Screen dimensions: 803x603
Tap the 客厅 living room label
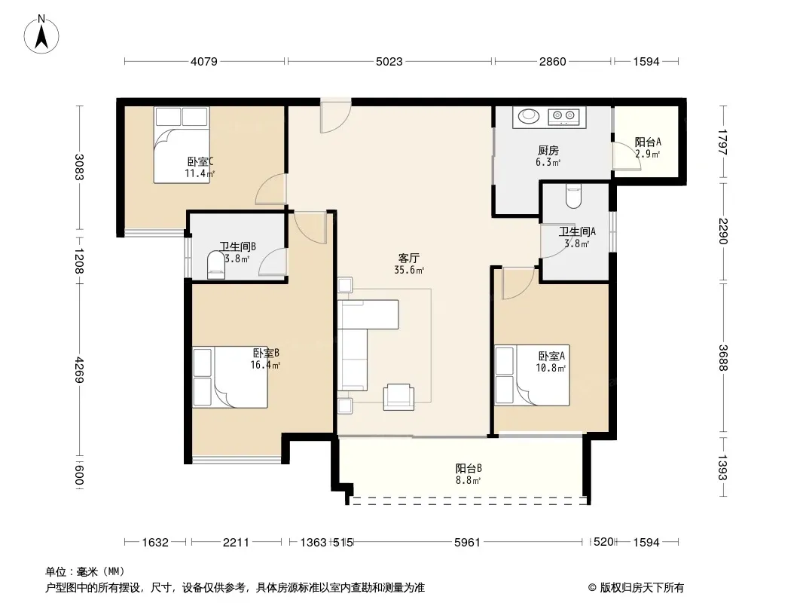408,258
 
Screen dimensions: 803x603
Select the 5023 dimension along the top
389,62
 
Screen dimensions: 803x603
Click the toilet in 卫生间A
573,197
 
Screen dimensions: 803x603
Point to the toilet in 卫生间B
216,265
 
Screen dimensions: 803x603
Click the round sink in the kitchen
529,116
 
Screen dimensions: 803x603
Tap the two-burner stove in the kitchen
563,117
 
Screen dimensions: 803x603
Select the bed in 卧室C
182,145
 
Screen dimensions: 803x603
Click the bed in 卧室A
532,375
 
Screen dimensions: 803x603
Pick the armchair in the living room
399,396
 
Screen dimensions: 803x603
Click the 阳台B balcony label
468,468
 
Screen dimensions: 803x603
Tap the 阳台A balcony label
648,142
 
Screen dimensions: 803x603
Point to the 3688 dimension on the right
722,357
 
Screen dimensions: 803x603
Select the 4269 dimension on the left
79,369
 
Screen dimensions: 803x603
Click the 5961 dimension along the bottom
468,542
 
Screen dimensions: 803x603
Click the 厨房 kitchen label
548,151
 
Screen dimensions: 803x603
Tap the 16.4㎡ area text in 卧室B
265,366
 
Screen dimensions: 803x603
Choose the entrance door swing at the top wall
335,117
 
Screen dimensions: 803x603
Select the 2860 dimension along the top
553,62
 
